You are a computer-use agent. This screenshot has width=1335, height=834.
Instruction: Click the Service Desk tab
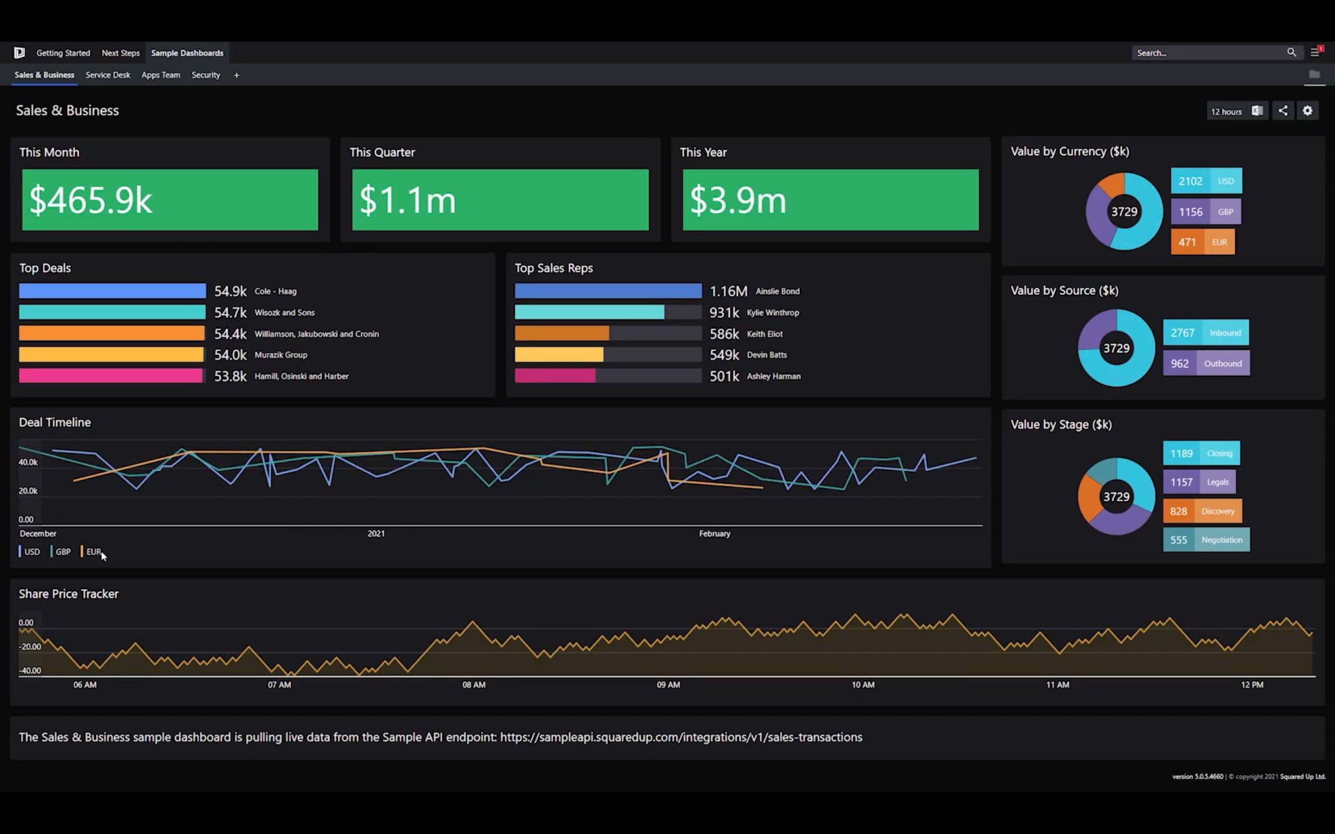coord(107,75)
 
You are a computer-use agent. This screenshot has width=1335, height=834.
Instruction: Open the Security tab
coord(206,75)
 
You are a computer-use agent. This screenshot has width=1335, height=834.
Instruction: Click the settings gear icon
coord(1307,111)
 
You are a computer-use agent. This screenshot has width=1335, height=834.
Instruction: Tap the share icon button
coord(1283,111)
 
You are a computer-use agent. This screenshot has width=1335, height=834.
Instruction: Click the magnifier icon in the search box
coord(1291,53)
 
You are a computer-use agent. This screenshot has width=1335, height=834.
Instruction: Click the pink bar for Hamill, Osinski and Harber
coord(111,376)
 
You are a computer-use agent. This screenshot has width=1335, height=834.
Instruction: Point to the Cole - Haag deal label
coord(275,291)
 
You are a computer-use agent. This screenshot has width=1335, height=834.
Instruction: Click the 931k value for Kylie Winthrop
coord(724,313)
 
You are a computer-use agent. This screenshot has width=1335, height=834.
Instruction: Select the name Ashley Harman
coord(773,376)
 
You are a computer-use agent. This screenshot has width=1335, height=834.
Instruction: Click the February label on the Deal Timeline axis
coord(714,533)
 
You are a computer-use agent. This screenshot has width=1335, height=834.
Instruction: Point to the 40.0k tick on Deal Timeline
coord(28,462)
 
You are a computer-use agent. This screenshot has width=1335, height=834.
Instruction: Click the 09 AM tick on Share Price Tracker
coord(668,684)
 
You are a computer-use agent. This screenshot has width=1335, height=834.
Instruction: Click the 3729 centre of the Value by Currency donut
coord(1124,212)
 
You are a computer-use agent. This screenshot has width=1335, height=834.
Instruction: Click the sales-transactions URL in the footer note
coord(681,738)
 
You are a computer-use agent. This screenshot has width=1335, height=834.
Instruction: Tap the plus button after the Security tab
coord(237,75)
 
